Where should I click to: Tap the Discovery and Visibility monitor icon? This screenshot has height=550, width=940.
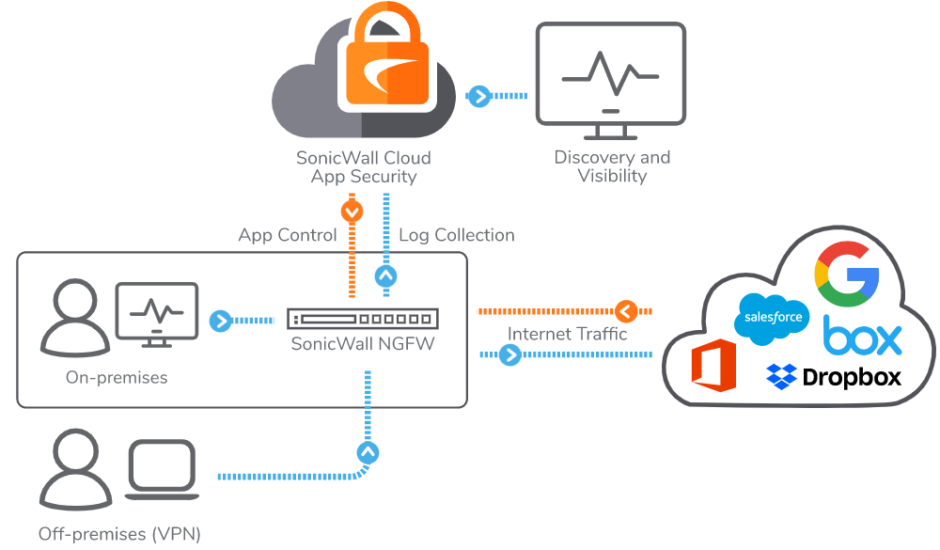point(610,75)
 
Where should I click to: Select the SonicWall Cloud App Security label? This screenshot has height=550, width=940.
point(364,167)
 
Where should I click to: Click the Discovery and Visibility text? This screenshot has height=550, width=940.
point(612,166)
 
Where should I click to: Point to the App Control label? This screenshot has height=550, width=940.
point(288,235)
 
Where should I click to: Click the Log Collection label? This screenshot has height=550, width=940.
point(457,235)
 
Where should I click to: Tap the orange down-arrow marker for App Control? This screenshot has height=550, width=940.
point(352,212)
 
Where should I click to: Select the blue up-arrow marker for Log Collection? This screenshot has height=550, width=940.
point(385,276)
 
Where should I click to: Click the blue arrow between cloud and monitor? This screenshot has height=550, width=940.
point(478,96)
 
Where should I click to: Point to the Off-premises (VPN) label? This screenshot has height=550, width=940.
point(119,534)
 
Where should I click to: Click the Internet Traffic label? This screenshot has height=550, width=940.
point(567,334)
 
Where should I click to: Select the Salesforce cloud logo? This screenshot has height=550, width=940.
point(773,318)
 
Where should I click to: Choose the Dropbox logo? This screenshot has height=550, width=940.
point(834,377)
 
